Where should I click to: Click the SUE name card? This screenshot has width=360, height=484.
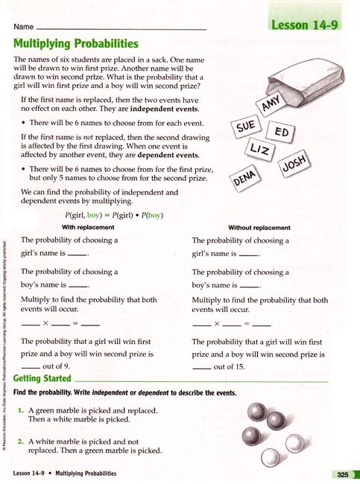(x=247, y=127)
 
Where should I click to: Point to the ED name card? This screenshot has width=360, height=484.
(x=281, y=133)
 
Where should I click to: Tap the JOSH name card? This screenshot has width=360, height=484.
(x=296, y=165)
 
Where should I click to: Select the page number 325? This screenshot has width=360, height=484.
(x=342, y=474)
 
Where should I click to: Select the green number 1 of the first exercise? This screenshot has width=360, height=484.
(x=21, y=410)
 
